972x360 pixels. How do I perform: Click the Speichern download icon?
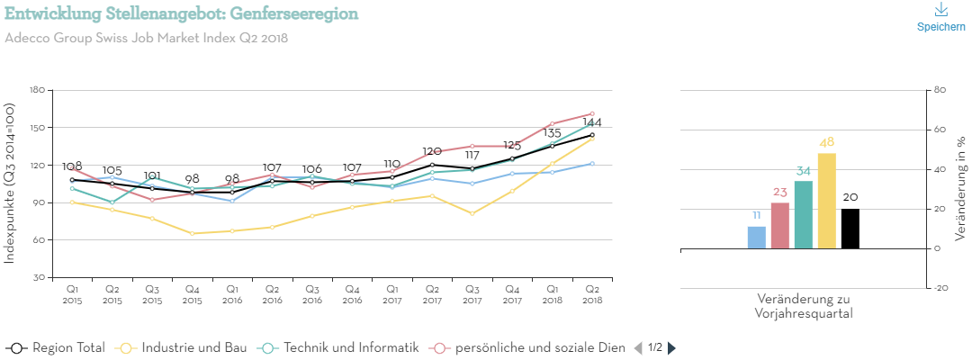tap(941, 10)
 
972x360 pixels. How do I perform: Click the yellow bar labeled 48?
tap(827, 201)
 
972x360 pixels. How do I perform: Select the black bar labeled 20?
tap(850, 229)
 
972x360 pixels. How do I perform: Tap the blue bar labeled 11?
tap(757, 238)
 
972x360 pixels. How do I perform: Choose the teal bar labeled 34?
tap(804, 214)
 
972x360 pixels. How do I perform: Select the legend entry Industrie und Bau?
tap(184, 347)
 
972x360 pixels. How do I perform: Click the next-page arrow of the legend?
tap(671, 347)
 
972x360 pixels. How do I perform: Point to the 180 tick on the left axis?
tap(37, 90)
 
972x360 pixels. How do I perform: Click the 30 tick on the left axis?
tap(40, 278)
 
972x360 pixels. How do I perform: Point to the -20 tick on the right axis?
tap(941, 288)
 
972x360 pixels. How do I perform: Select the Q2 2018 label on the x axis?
tap(591, 293)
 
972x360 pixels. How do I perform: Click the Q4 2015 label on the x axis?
tap(192, 293)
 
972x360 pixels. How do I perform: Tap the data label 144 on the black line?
tap(591, 122)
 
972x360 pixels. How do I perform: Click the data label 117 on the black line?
tap(472, 156)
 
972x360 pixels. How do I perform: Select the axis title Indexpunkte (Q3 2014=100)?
tap(10, 183)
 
